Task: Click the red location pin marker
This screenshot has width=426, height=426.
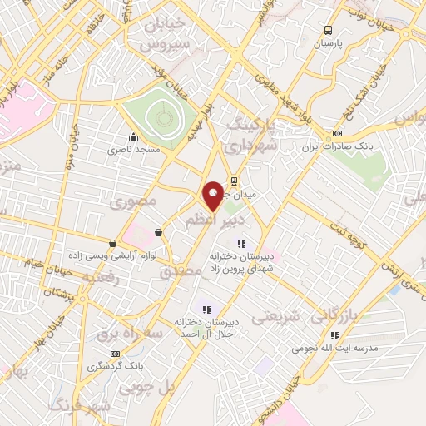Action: [x=213, y=195]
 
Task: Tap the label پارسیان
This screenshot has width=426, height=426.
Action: [x=327, y=45]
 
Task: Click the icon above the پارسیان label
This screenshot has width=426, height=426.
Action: [x=328, y=32]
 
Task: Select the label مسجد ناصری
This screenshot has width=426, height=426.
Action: [x=133, y=151]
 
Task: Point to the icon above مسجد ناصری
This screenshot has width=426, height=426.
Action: [x=133, y=137]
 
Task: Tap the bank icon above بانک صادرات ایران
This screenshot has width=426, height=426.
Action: [x=336, y=133]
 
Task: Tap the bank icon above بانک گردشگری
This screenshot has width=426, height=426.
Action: [x=92, y=353]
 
